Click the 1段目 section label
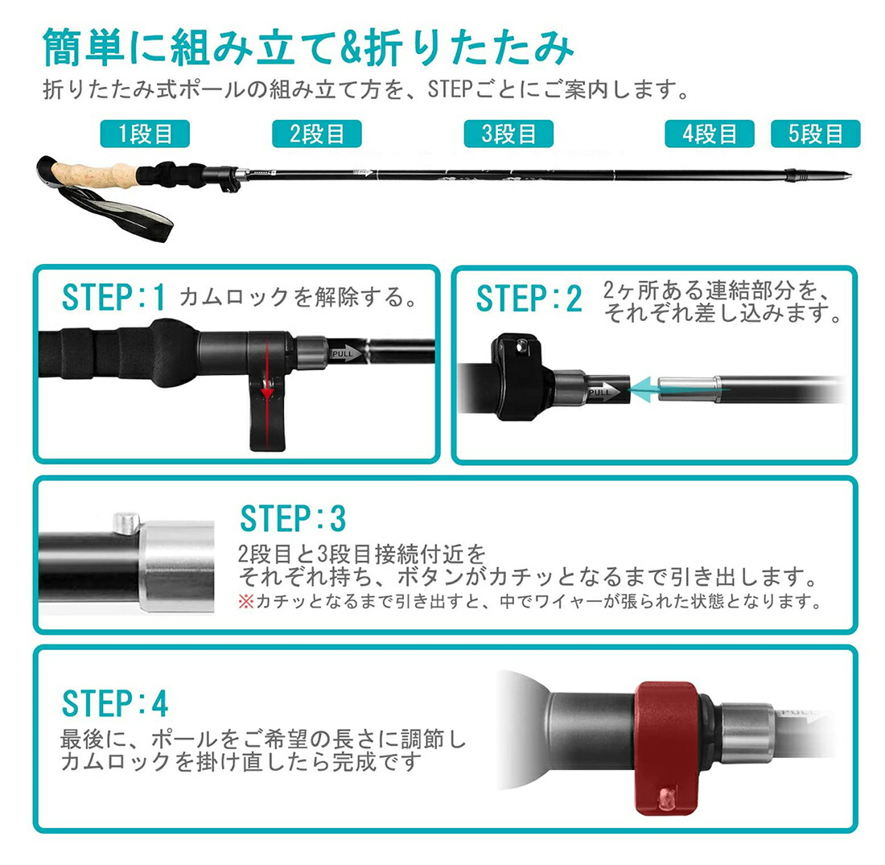(145, 134)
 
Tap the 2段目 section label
(317, 134)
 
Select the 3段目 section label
(508, 134)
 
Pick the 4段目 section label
(710, 134)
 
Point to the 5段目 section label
(816, 134)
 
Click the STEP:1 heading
(113, 297)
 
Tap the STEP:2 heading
(529, 298)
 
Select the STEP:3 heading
(293, 517)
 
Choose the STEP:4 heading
(114, 703)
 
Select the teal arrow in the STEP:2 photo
(677, 389)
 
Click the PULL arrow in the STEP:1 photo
(346, 353)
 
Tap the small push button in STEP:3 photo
(126, 523)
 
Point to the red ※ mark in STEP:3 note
(246, 601)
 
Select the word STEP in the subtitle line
(450, 89)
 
